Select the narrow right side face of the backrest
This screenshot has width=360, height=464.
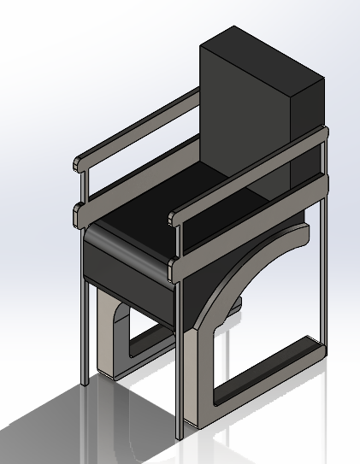309,128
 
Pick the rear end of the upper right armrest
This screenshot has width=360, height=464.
322,133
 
